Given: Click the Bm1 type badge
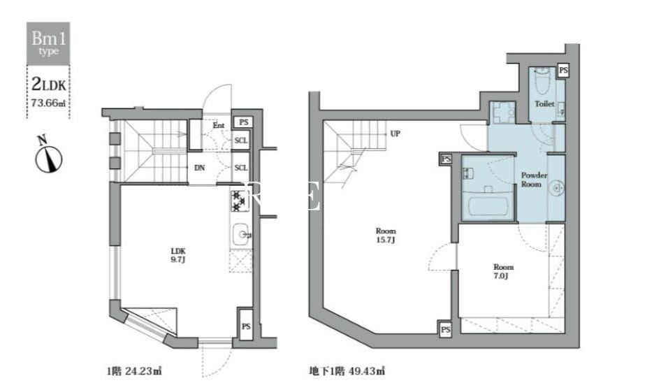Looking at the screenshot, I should coord(49,43).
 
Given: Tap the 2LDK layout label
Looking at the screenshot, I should coord(49,85).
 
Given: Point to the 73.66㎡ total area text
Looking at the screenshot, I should coord(49,103).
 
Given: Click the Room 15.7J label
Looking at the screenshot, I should coord(386,236).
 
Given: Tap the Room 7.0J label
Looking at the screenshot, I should coord(503,272).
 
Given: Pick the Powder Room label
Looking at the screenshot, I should coord(534,180).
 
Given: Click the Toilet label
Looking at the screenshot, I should coord(544,103).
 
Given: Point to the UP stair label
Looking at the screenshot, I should coord(395,133).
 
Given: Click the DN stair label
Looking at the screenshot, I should coord(199,168).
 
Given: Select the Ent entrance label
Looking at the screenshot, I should coord(219,126).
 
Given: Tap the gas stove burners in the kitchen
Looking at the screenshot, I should coord(238,201).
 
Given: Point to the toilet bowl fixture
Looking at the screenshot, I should coord(541,84).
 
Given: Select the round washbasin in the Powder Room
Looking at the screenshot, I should coord(556,187).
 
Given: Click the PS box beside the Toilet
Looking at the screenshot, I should coord(563,71).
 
